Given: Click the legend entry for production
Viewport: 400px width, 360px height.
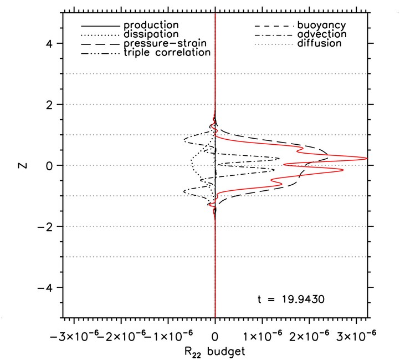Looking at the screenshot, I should [151, 26].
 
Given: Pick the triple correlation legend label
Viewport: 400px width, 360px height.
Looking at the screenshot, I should [167, 52].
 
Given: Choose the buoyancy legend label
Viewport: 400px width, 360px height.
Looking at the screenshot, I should [322, 26].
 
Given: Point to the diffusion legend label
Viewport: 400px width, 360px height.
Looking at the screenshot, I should [320, 43].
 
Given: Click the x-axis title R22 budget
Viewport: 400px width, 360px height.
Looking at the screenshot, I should [216, 351].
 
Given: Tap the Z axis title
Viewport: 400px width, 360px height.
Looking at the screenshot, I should [21, 165].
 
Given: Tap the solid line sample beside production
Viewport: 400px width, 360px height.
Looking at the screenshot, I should [100, 26].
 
